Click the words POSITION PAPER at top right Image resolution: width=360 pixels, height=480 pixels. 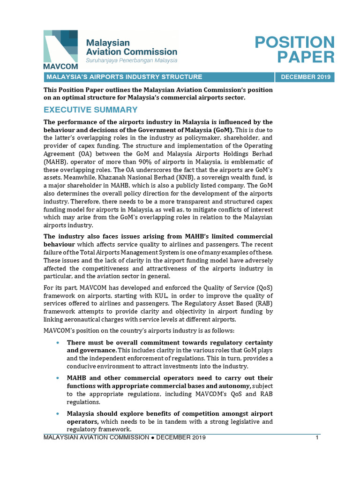pos(294,49)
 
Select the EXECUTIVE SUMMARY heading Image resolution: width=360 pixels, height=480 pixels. pos(90,110)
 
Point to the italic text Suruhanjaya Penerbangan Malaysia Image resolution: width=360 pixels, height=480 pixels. pos(131,60)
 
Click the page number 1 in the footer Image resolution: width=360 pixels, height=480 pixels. pos(317,438)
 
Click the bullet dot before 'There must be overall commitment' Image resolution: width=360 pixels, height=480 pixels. pos(57,343)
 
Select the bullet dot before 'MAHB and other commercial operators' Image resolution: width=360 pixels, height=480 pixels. pos(57,378)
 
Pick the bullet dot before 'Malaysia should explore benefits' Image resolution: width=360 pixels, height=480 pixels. pos(57,413)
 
